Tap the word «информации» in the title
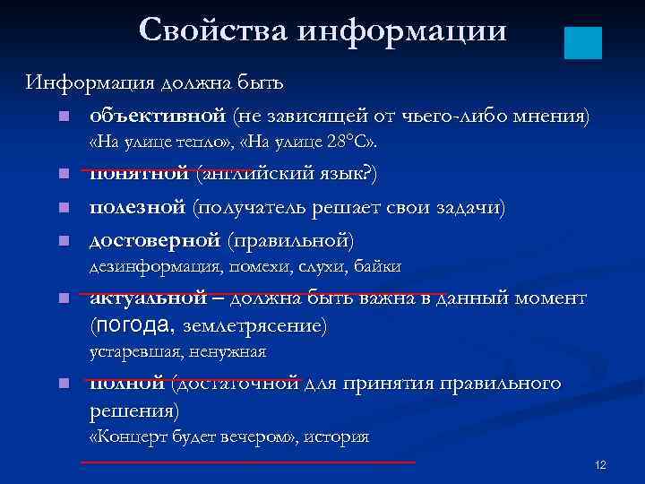(x=399, y=31)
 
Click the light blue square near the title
(x=583, y=43)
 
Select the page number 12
(x=600, y=464)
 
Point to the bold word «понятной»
(x=138, y=174)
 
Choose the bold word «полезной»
(x=138, y=207)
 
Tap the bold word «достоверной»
(x=154, y=240)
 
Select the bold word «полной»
(x=126, y=384)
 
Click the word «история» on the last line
(x=336, y=436)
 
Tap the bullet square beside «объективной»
(x=59, y=117)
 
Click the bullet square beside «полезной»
(x=59, y=208)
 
